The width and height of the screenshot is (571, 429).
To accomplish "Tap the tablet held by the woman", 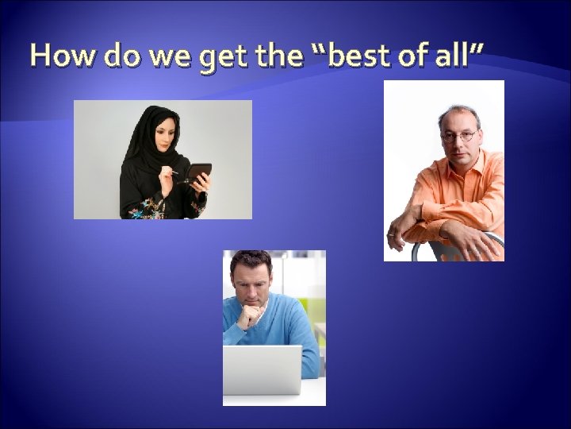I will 198,172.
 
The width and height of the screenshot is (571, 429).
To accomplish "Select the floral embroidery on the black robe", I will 147,211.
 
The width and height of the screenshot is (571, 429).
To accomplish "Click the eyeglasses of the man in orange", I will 459,135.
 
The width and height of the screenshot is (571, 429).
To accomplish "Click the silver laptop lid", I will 263,369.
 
